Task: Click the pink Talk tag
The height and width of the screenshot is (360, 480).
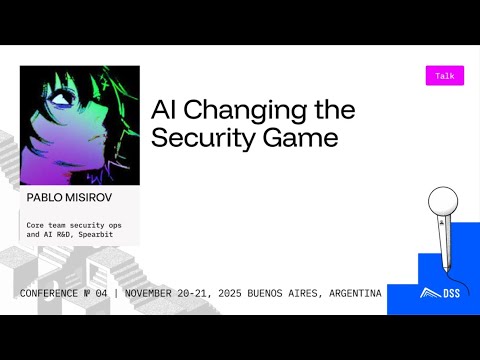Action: pyautogui.click(x=445, y=76)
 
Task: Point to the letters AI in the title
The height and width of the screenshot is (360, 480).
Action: pyautogui.click(x=163, y=110)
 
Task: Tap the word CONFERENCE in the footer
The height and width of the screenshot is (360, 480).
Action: pyautogui.click(x=56, y=293)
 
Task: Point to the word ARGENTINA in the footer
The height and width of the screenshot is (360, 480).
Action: pyautogui.click(x=347, y=293)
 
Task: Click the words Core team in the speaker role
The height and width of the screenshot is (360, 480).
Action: pyautogui.click(x=49, y=225)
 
